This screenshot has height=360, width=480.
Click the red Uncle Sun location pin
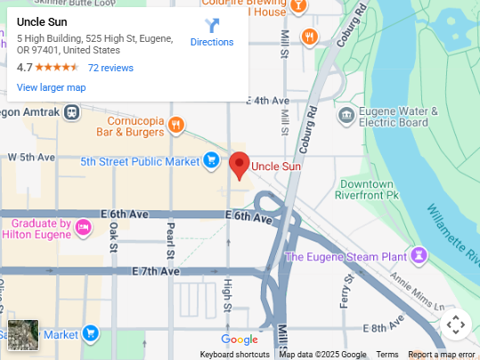coord(239,165)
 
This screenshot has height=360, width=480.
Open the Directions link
coord(212,42)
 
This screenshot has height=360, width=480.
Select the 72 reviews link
coord(110,68)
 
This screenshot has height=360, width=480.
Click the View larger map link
coord(51,87)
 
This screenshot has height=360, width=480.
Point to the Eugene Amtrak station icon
coord(72,112)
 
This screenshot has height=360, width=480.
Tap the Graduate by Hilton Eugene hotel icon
coord(83,226)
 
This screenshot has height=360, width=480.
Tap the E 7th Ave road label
coord(156,271)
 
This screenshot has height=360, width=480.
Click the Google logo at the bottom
coord(240,340)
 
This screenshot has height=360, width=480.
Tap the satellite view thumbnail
coord(24,335)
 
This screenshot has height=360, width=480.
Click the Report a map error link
coord(442,355)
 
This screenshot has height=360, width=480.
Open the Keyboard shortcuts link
coord(234,355)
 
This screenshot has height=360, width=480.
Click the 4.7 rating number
coord(25,68)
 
